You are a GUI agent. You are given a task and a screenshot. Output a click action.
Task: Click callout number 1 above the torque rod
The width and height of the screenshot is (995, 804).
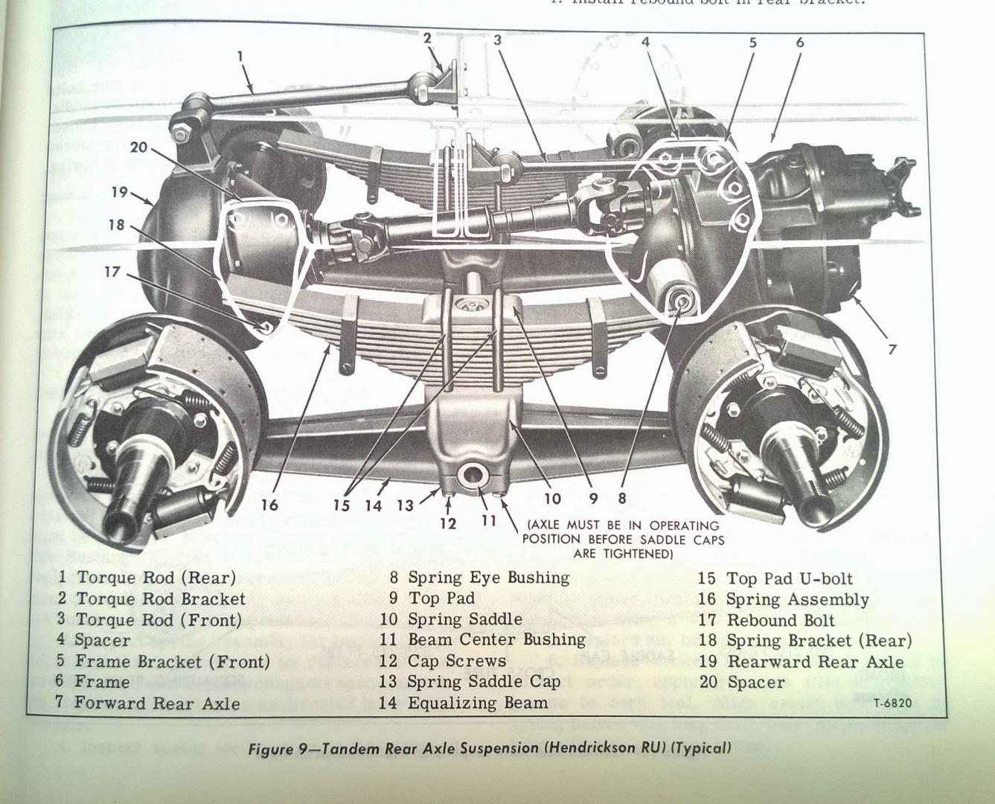pos(240,55)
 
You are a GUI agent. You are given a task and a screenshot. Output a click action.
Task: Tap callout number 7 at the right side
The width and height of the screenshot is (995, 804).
pos(892,348)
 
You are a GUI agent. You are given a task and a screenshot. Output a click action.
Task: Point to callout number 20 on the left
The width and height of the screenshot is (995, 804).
pos(139,147)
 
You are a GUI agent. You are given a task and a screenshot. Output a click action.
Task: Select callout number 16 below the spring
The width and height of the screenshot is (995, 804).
pos(269,505)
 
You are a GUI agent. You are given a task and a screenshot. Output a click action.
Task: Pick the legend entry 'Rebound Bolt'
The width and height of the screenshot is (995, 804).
pos(780,620)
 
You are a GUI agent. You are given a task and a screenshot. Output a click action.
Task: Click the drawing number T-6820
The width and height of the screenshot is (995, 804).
pos(892,702)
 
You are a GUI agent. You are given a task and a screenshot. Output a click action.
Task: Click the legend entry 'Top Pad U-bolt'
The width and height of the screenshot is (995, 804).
pos(789,578)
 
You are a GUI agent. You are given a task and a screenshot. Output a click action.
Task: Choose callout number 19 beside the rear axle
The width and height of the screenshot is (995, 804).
pos(119,192)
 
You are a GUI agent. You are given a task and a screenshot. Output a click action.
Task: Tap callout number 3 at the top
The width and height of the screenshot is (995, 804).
pos(497,40)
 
